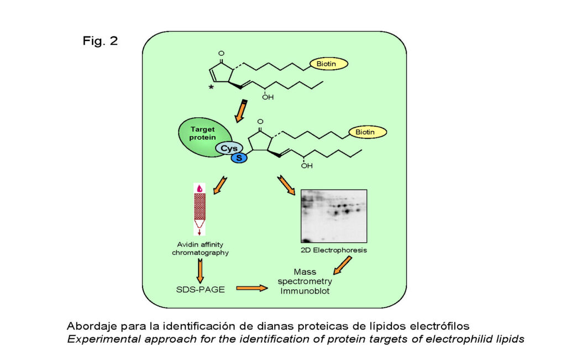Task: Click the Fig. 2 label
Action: click(100, 40)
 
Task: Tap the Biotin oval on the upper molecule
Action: click(328, 64)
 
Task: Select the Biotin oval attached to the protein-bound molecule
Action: click(368, 132)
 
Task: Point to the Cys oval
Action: click(229, 148)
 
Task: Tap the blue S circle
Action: click(239, 158)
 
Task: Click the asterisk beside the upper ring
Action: click(211, 87)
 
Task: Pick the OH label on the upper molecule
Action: click(268, 97)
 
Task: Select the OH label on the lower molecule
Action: click(307, 166)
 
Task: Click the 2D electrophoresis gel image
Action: click(334, 216)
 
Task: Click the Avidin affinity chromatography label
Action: click(200, 248)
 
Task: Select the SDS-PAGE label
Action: click(200, 289)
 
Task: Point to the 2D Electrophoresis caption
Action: click(334, 250)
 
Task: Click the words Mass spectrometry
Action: click(305, 276)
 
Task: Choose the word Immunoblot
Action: click(305, 291)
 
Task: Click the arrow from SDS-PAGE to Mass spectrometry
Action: click(252, 288)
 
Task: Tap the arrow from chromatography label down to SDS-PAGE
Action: click(200, 271)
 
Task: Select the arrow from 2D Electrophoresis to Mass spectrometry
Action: click(342, 265)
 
